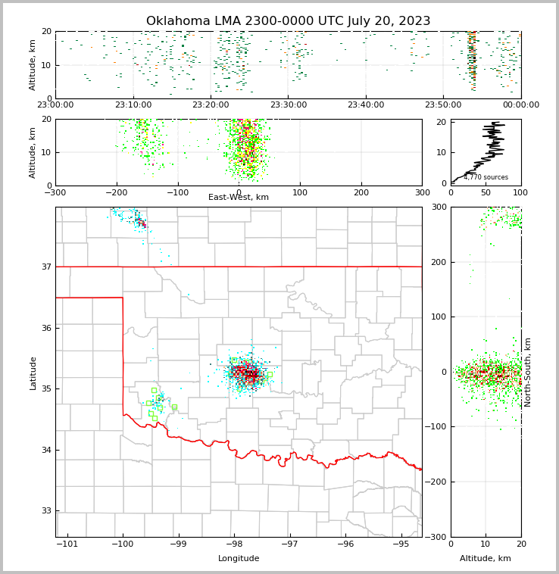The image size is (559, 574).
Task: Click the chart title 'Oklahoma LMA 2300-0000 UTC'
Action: tap(288, 21)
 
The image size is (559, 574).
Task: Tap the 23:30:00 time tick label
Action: tap(288, 105)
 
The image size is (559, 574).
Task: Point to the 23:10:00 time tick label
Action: tap(133, 105)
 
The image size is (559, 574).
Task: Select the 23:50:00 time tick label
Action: tap(443, 105)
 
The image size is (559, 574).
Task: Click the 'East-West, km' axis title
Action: tap(239, 198)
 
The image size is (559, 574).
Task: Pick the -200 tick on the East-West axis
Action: tap(116, 192)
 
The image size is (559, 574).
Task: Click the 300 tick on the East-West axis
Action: tap(422, 192)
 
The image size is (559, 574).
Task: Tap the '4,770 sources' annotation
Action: tap(486, 177)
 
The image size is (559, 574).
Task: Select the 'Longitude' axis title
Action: tap(239, 559)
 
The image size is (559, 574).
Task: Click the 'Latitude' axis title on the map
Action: tap(33, 373)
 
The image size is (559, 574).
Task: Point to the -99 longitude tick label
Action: tap(178, 544)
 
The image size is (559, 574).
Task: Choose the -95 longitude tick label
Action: tap(401, 544)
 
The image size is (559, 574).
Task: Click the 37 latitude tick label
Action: tap(45, 267)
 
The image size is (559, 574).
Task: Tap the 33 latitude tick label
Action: tap(45, 511)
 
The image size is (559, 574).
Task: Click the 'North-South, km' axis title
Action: tap(528, 373)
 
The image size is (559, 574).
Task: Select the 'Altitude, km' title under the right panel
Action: tap(486, 559)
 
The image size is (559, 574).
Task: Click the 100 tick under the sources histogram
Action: tap(521, 192)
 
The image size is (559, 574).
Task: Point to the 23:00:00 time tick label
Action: tap(55, 105)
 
